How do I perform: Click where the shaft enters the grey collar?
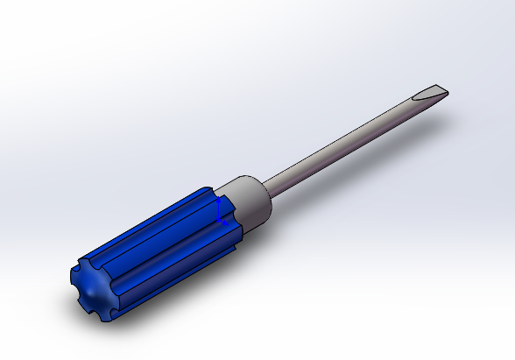[265, 187]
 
